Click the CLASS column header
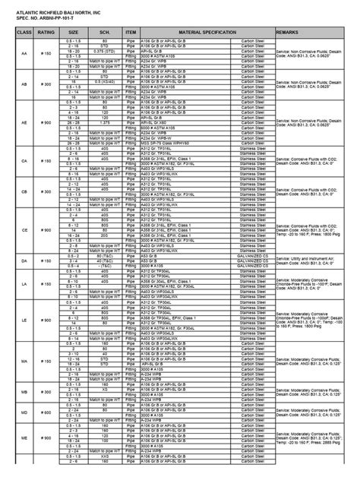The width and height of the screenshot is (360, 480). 24,34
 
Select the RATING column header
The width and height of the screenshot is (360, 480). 46,34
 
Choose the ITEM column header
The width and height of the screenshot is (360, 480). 130,34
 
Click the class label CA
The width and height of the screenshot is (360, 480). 24,161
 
